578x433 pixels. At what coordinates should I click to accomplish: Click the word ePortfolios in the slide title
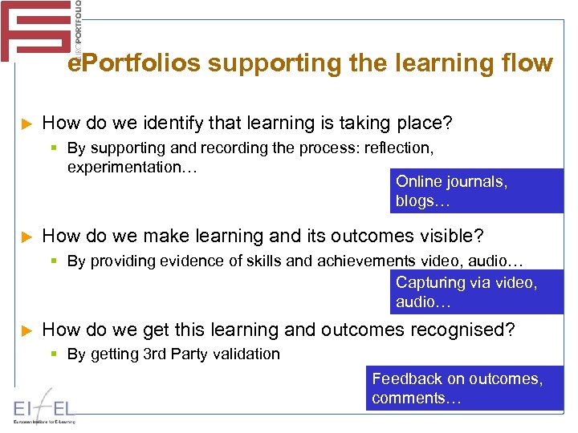pos(133,63)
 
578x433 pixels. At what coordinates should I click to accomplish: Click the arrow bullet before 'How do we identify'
pos(26,124)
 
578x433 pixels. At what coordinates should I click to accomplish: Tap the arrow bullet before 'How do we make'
pos(26,237)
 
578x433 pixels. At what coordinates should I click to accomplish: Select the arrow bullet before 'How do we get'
pos(26,330)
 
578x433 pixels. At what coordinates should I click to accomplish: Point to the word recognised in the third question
pos(474,330)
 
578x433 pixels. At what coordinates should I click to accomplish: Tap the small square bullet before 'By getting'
pos(55,354)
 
